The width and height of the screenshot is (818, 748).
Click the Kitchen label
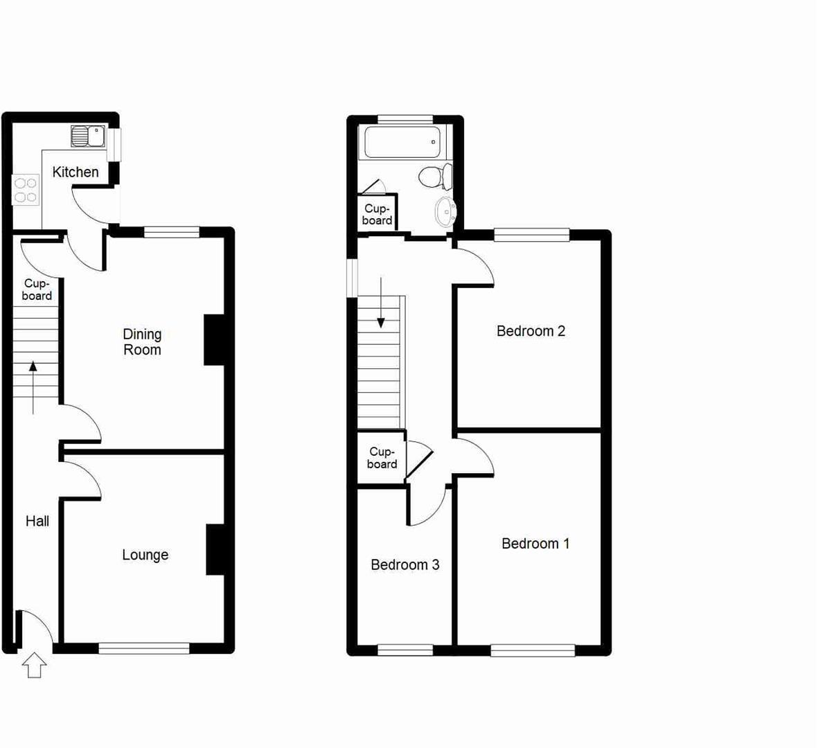[x=75, y=172]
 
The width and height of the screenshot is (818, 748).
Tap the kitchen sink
[x=87, y=136]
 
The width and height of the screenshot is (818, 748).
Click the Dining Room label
[x=142, y=342]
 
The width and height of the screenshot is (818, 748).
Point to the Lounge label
[x=145, y=555]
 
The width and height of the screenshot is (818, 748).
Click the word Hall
[x=37, y=521]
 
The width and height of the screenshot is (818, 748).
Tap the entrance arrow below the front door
[x=34, y=666]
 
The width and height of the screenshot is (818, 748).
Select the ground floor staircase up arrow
[x=33, y=387]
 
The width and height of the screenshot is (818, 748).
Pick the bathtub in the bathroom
[x=402, y=142]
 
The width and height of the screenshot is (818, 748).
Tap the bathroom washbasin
[x=445, y=210]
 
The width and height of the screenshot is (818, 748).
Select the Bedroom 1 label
[x=535, y=544]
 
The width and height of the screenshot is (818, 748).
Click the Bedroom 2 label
[x=531, y=331]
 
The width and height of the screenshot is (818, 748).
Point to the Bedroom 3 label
[x=404, y=565]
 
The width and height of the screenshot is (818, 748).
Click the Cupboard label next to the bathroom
[x=377, y=215]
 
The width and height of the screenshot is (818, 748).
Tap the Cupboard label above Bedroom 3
[x=382, y=458]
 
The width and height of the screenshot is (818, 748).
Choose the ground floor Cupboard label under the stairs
[x=37, y=290]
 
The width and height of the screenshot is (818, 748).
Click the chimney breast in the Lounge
[x=215, y=550]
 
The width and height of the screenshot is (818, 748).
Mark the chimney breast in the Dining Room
[x=213, y=340]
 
